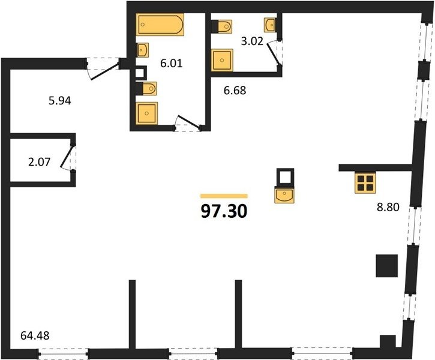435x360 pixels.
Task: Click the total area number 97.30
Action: [224, 212]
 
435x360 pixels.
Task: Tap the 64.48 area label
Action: [35, 335]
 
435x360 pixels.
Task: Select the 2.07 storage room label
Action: [40, 162]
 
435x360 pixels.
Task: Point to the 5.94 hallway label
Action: [60, 101]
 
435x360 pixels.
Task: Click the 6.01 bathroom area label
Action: [172, 63]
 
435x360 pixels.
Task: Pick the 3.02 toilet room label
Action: [252, 41]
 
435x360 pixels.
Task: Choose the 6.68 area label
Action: [235, 91]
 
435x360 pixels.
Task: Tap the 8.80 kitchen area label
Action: [388, 207]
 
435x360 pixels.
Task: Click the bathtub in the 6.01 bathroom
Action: [160, 25]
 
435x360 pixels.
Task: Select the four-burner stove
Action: [365, 182]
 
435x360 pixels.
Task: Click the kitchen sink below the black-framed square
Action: [284, 195]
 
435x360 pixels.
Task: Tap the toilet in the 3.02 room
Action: [222, 26]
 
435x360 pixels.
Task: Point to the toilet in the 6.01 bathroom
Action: [146, 89]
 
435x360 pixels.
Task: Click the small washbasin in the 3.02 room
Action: [270, 25]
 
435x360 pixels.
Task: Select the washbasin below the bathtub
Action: [143, 50]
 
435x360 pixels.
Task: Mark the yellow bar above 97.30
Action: [224, 196]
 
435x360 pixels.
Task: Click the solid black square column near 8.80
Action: [387, 266]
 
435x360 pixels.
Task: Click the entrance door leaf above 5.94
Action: [105, 71]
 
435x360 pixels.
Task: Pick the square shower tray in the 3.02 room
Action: [222, 60]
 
